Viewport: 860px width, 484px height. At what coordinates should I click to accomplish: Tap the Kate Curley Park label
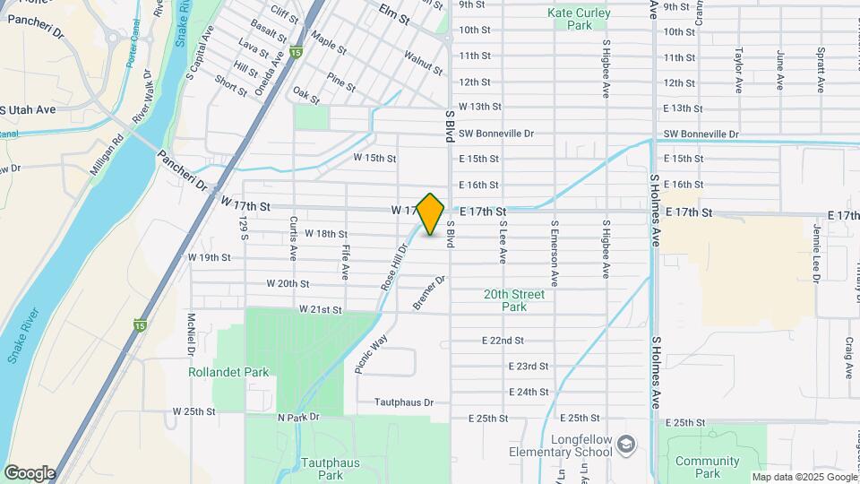(x=579, y=19)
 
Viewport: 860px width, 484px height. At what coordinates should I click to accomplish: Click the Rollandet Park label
(x=217, y=372)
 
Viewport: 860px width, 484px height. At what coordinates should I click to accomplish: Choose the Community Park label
(x=708, y=467)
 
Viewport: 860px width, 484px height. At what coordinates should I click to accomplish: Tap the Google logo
(x=29, y=472)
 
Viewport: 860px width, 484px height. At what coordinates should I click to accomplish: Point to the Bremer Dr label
(x=429, y=293)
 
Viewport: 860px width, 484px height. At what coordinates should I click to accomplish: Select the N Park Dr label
(x=298, y=418)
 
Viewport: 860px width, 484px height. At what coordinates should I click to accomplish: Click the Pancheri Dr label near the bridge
(x=182, y=170)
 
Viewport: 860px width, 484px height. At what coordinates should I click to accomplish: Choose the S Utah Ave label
(x=29, y=109)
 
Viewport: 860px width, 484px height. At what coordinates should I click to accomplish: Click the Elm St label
(x=394, y=16)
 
